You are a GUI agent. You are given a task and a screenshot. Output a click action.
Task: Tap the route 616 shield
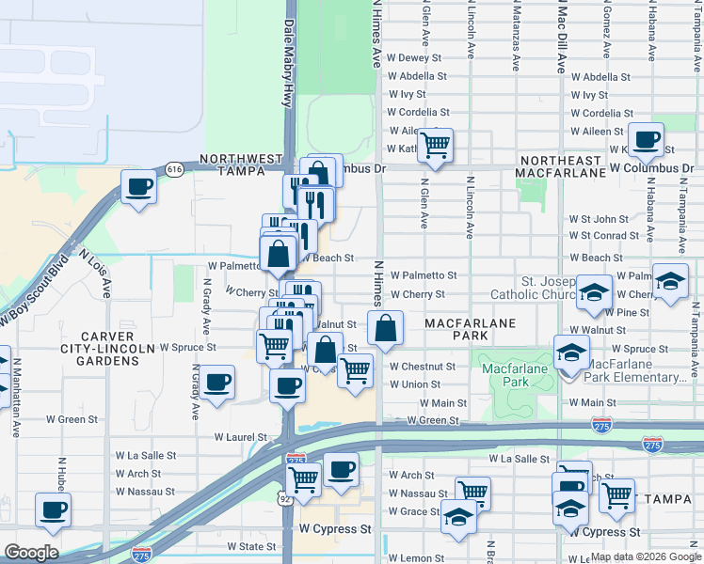(x=174, y=169)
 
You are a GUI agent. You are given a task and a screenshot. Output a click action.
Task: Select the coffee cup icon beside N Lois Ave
(x=138, y=187)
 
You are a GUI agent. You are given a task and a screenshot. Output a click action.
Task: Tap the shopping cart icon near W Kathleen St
(x=434, y=145)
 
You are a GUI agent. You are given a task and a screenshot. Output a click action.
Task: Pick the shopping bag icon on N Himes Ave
(x=385, y=329)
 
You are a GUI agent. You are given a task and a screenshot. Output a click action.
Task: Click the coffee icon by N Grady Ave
(x=217, y=383)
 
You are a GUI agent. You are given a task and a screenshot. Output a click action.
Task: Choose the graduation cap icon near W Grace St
(x=458, y=518)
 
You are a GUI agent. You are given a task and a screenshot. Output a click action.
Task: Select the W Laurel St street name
(x=240, y=437)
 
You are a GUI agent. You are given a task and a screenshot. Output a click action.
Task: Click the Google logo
(x=31, y=553)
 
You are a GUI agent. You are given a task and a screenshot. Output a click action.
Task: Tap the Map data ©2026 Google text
(x=645, y=556)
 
